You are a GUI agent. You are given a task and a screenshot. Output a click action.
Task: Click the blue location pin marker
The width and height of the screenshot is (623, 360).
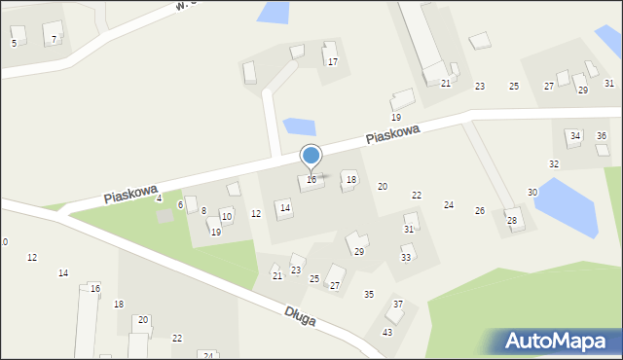coord(311,158)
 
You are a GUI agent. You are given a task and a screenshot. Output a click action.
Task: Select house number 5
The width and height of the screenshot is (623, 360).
coord(14,43)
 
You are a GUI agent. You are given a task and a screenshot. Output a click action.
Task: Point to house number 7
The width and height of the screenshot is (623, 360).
coord(54,40)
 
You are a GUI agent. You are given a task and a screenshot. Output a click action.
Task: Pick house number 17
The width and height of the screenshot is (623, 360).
coord(332,61)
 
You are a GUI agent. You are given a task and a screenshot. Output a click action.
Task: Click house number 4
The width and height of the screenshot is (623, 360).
coord(159,198)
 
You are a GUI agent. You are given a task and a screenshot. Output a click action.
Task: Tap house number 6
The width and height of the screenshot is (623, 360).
coord(180,205)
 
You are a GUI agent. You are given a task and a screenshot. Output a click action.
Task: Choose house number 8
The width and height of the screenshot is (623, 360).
coord(203,211)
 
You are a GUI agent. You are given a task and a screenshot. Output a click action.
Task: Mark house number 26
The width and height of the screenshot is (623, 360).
coord(479,211)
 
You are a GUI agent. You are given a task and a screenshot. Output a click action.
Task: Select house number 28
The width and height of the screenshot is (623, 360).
coord(511,221)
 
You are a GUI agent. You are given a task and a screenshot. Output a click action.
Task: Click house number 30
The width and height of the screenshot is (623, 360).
coord(532,193)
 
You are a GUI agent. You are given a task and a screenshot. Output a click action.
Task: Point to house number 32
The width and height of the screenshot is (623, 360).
coord(554,164)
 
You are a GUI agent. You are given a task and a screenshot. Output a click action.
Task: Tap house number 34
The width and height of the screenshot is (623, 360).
coord(575,135)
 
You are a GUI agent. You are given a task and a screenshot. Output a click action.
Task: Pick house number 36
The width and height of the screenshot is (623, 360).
coord(602,135)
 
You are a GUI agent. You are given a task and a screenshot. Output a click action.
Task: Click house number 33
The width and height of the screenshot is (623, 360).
coord(406,258)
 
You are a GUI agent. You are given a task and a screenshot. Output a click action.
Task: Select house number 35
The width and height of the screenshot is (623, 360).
coord(369,294)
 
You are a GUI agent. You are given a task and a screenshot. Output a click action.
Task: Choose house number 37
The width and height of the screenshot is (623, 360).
coord(397,305)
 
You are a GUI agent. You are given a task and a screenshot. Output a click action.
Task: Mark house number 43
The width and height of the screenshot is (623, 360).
coord(386,333)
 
